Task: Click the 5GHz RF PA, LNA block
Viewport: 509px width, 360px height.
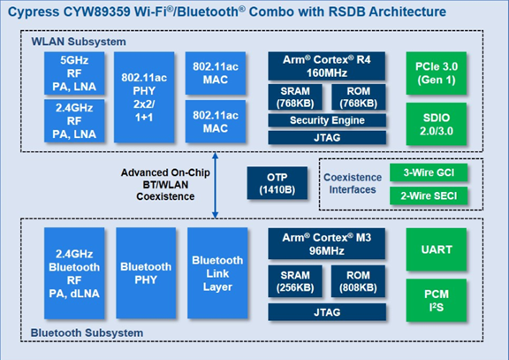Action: (x=74, y=73)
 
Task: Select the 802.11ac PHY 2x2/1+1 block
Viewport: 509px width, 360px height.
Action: (x=144, y=97)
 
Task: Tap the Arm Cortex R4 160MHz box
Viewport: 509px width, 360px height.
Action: (x=327, y=66)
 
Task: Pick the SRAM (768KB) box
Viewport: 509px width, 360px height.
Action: (x=295, y=97)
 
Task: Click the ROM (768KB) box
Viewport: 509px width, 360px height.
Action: (x=359, y=97)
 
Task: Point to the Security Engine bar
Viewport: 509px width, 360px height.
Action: (x=327, y=120)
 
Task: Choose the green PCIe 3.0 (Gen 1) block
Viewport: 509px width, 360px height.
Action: (x=437, y=73)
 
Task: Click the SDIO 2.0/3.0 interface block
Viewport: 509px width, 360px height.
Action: (x=437, y=124)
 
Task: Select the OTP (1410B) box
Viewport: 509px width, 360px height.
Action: (x=277, y=183)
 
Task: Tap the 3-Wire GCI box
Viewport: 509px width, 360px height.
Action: (x=429, y=172)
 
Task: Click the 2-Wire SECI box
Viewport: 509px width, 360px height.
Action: (x=429, y=195)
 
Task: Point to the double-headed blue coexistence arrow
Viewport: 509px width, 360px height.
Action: (x=215, y=186)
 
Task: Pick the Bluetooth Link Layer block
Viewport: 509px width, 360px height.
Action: (x=217, y=273)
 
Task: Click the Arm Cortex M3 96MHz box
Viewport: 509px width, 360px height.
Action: (x=327, y=243)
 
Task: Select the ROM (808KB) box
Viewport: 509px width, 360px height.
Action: (x=358, y=281)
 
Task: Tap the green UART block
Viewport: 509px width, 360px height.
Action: (x=437, y=249)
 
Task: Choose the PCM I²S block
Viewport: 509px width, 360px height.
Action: (x=437, y=300)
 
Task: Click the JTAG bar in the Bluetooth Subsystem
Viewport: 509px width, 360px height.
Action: (x=327, y=312)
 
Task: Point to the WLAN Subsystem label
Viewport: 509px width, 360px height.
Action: (x=79, y=42)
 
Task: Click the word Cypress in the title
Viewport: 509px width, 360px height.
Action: (x=34, y=12)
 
